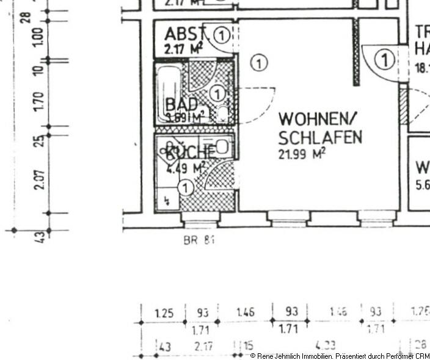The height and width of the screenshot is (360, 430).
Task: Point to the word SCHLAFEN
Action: pyautogui.click(x=319, y=137)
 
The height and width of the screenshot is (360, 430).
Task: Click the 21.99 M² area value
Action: pyautogui.click(x=302, y=154)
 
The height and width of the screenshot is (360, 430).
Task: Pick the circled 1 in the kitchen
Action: pyautogui.click(x=186, y=187)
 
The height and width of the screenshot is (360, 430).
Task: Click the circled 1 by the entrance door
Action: pyautogui.click(x=384, y=60)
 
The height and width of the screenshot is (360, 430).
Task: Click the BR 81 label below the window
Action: pyautogui.click(x=199, y=240)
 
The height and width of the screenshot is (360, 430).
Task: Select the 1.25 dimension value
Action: pyautogui.click(x=164, y=314)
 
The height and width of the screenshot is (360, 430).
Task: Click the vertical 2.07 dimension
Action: pyautogui.click(x=38, y=179)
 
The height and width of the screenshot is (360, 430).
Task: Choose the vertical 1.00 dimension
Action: pyautogui.click(x=38, y=38)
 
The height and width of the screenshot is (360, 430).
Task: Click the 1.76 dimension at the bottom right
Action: pyautogui.click(x=420, y=312)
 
